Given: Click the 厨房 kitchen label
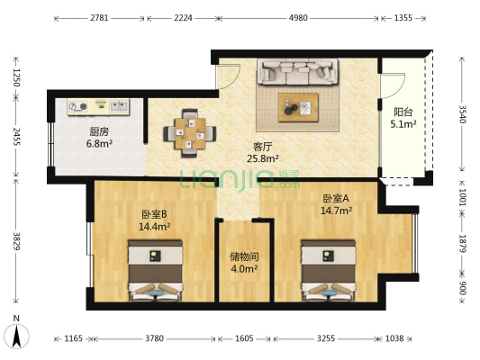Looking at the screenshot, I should click(98, 131).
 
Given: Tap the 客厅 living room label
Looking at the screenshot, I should click(263, 146).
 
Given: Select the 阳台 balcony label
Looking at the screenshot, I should click(404, 112).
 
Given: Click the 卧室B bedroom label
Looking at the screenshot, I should click(154, 214).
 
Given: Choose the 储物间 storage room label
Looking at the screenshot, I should click(244, 256).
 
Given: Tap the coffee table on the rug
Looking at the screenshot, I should click(297, 106).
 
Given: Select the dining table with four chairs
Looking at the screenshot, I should click(189, 132).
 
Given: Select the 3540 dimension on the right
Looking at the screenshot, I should click(462, 114).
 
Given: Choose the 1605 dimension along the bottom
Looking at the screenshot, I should click(245, 339).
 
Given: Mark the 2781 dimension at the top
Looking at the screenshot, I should click(100, 18).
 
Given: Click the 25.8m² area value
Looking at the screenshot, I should click(263, 158).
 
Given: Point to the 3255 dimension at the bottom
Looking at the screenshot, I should click(327, 339).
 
